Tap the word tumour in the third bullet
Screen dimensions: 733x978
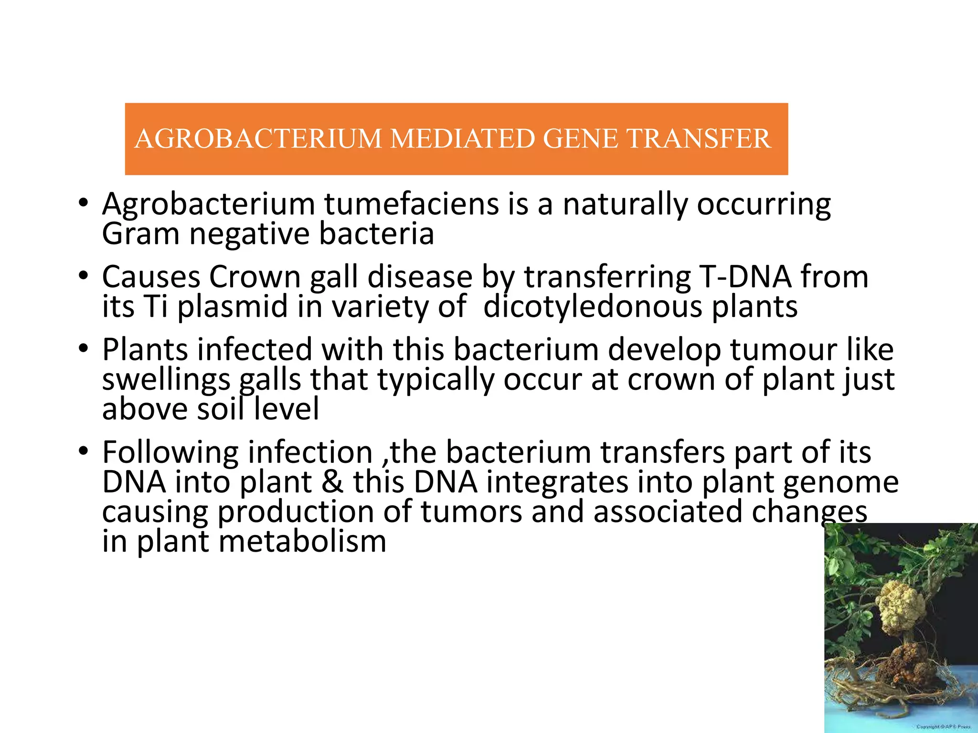tap(783, 350)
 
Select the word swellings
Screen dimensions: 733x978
tap(167, 380)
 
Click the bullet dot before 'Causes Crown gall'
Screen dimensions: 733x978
tap(84, 276)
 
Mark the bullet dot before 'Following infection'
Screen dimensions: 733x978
tap(84, 451)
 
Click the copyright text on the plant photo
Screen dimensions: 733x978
tap(943, 727)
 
